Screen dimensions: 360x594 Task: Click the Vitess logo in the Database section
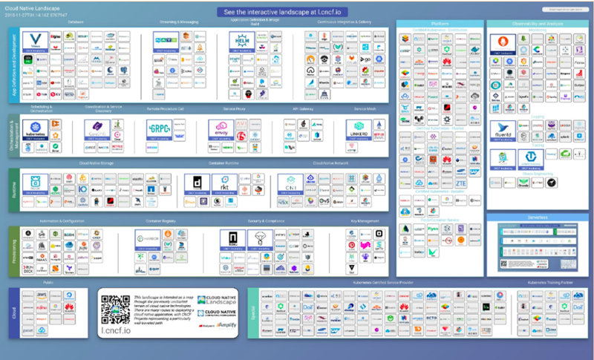tap(34, 40)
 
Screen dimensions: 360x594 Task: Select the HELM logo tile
tap(242, 42)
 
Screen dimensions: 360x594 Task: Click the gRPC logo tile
tap(160, 128)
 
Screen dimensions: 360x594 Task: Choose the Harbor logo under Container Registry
tap(148, 240)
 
